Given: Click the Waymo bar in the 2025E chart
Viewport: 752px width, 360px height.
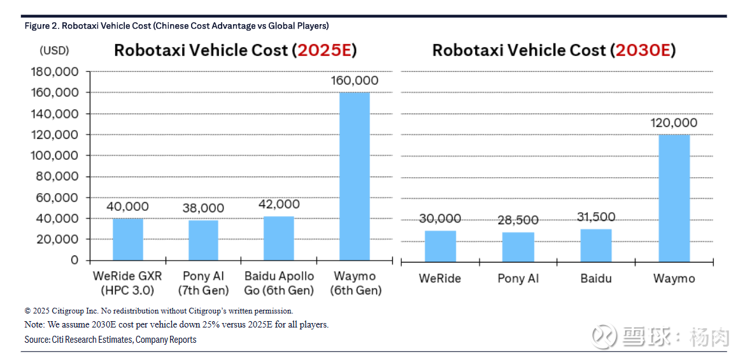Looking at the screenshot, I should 354,176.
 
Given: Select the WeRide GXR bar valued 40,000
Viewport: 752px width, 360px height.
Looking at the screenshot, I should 128,239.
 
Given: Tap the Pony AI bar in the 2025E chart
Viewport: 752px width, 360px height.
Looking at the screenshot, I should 203,240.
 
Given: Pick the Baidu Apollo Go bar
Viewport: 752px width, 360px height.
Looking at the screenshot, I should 279,238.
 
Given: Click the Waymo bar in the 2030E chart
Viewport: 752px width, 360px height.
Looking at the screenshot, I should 674,198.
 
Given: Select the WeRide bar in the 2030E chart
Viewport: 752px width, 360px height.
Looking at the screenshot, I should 440,246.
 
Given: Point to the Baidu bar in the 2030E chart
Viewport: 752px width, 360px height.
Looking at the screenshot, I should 596,245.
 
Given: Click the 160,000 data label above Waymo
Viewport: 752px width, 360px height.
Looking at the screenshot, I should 355,81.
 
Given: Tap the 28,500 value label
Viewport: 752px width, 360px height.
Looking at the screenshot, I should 517,220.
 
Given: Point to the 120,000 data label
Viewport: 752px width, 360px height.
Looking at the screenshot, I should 674,123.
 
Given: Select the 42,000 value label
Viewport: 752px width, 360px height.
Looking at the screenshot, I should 279,205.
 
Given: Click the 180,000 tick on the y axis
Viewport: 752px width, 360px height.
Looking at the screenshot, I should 55,72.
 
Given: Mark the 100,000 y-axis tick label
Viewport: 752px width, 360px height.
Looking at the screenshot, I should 55,155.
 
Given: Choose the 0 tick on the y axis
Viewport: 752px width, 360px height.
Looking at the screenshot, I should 74,261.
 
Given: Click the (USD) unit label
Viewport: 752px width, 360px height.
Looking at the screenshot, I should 54,50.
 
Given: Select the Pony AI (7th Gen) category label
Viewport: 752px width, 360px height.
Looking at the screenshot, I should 203,284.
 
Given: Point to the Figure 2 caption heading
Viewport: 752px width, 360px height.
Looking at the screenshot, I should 176,26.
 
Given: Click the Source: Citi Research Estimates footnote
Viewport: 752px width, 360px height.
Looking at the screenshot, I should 110,340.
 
